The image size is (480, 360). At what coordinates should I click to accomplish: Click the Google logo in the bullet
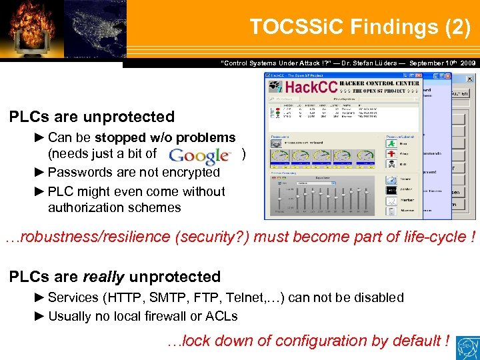click(199, 156)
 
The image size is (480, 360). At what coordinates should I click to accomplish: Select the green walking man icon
click(391, 142)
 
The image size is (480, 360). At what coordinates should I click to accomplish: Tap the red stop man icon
click(391, 154)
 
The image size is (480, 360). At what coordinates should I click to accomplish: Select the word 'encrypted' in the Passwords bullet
click(190, 172)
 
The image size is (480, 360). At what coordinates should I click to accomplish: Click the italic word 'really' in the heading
click(103, 277)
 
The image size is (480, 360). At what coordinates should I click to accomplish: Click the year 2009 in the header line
click(465, 63)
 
